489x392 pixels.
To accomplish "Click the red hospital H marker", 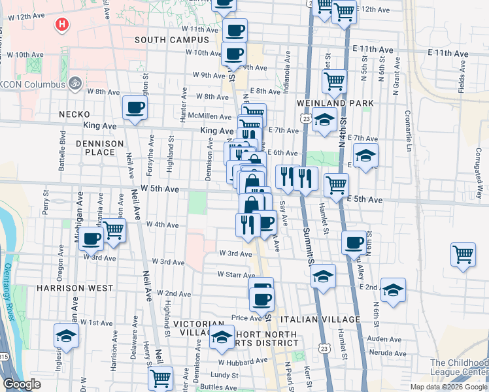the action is point(62,25).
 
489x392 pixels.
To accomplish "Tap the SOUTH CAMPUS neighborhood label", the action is point(171,40).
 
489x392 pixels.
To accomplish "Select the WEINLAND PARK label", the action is point(335,103).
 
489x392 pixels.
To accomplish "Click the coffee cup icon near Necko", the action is point(135,108).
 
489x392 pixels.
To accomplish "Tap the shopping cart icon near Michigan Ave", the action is point(114,230).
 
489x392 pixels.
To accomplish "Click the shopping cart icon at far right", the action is point(463,254).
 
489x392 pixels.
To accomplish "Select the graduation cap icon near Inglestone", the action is point(66,336).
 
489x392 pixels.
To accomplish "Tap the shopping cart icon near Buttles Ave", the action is point(160,378).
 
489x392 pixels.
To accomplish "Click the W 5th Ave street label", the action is point(160,189).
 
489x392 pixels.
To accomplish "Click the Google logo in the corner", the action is point(22,384).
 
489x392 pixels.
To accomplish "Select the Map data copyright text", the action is point(449,387).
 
